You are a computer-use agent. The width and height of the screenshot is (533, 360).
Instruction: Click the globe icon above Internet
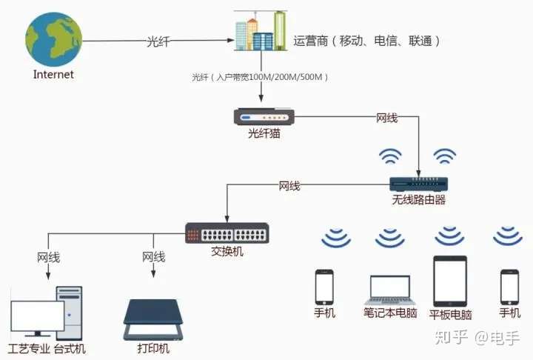tap(54, 40)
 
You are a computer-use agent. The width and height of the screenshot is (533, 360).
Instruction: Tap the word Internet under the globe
tap(53, 74)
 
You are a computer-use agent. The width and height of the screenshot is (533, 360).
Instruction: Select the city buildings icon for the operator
tap(261, 30)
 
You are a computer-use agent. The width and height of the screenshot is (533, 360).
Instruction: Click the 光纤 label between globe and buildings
tap(158, 41)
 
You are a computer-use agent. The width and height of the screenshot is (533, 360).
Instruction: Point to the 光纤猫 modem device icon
tap(264, 117)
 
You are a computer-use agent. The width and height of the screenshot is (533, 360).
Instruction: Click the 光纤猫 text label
tap(264, 133)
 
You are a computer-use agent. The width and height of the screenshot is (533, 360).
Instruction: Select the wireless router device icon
tap(418, 184)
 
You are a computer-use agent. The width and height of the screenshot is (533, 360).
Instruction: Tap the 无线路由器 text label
tap(419, 199)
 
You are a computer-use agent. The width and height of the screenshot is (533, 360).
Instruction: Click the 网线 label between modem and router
tap(387, 118)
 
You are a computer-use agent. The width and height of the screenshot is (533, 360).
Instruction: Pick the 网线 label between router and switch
tap(289, 186)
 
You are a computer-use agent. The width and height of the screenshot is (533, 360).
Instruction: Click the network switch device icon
tap(227, 233)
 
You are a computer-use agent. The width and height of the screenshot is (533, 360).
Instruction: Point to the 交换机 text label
tap(227, 251)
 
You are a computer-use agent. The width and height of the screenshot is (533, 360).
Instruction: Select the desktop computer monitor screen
tap(38, 316)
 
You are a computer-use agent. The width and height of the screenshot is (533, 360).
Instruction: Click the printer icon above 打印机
tap(153, 320)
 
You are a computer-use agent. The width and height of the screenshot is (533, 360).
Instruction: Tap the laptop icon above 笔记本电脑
tap(390, 290)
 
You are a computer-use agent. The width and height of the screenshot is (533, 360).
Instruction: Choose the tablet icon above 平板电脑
tap(450, 281)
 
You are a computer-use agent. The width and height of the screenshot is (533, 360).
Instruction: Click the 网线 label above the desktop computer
tap(48, 257)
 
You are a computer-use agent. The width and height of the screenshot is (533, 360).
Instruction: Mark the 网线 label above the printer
tap(154, 256)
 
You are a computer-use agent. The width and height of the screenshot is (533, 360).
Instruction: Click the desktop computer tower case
tap(70, 313)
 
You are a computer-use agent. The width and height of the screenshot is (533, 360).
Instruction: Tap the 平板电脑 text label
tap(450, 314)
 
